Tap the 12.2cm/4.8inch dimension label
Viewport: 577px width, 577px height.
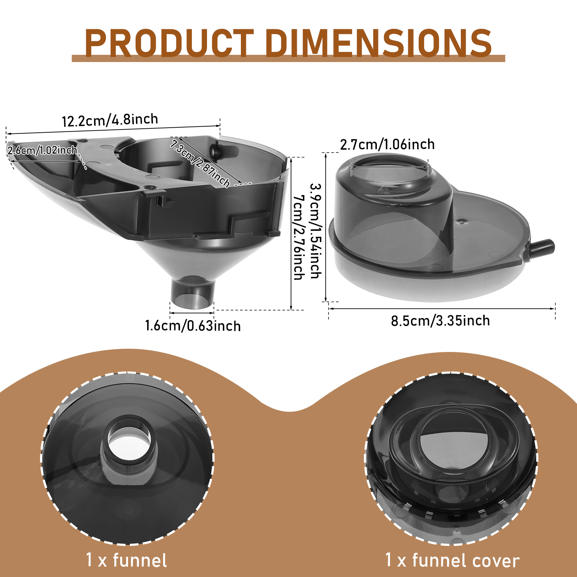[x=110, y=120]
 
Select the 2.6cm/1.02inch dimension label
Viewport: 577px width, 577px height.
[x=43, y=150]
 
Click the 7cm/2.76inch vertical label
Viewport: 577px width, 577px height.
[x=299, y=238]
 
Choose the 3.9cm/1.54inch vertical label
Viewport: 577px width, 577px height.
[x=316, y=231]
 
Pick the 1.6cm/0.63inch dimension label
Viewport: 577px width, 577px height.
[x=193, y=326]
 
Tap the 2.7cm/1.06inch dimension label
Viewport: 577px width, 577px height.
[x=387, y=145]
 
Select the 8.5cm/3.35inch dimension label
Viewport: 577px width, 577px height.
[x=440, y=321]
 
